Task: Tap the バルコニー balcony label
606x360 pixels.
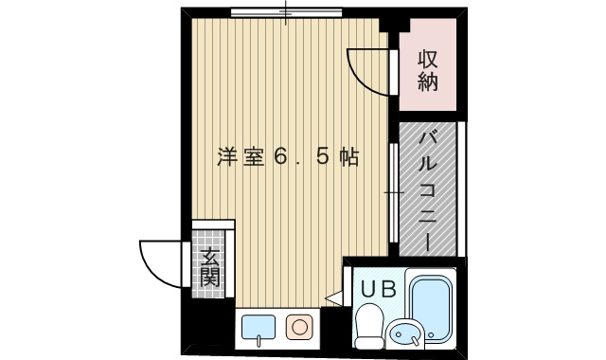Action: (427, 190)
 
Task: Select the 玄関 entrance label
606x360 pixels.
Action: (210, 265)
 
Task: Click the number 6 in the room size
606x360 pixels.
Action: (280, 156)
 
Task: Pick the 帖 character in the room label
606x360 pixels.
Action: (349, 156)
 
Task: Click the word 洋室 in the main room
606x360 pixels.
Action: (238, 156)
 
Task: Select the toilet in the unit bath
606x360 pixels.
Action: (366, 327)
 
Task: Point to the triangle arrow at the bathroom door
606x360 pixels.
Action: (332, 298)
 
